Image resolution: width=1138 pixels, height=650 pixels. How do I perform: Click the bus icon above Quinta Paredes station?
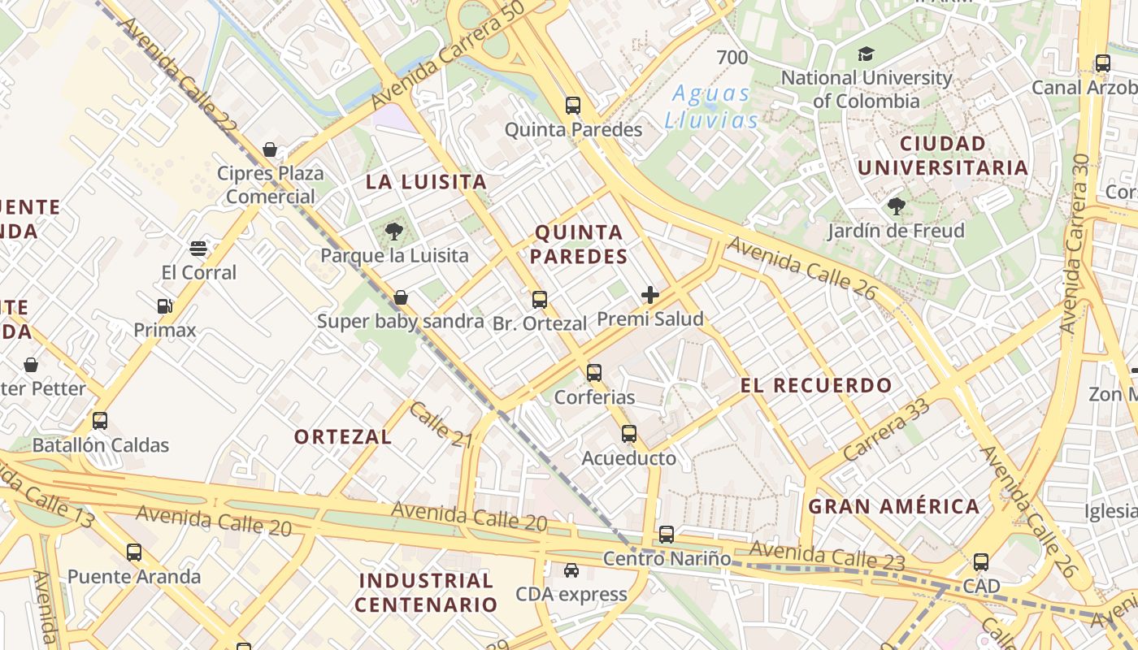click(573, 105)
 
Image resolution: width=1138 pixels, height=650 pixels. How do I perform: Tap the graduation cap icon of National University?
click(866, 54)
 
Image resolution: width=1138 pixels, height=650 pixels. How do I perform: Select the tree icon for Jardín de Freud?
click(897, 206)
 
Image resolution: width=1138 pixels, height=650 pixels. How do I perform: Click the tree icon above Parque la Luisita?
click(394, 232)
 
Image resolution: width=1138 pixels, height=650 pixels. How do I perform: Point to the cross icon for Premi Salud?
click(650, 295)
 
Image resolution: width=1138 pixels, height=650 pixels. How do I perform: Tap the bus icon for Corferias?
click(594, 373)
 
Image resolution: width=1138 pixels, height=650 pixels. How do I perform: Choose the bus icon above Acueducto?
click(629, 434)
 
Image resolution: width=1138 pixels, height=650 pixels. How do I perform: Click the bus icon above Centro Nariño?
click(667, 534)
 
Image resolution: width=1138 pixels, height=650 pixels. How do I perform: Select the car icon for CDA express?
click(571, 570)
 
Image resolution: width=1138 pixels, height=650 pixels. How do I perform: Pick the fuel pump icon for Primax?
click(165, 306)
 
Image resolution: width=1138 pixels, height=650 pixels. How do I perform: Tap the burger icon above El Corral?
click(198, 248)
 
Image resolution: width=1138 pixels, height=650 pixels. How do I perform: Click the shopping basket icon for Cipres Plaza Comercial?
click(270, 149)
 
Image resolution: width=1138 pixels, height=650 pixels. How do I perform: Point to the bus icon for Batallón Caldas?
click(100, 421)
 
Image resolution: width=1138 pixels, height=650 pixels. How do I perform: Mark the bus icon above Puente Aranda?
click(134, 552)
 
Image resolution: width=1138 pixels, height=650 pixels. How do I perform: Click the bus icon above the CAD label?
click(981, 561)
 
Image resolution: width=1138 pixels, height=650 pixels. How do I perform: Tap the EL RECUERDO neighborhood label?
click(816, 385)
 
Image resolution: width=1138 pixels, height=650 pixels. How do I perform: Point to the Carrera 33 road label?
click(885, 431)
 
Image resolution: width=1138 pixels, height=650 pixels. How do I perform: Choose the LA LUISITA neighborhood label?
click(426, 181)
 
